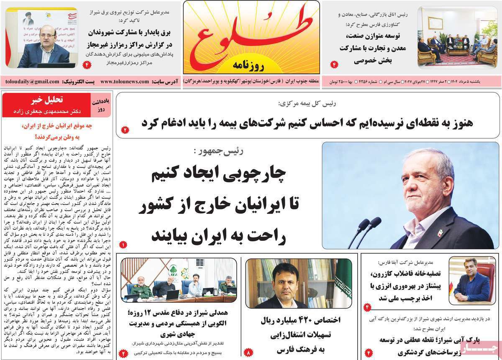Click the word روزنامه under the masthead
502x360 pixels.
(251, 65)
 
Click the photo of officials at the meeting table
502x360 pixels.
(179, 280)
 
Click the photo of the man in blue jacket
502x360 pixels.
(471, 280)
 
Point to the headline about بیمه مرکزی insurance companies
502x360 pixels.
(307, 123)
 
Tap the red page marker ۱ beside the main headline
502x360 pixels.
(123, 244)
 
